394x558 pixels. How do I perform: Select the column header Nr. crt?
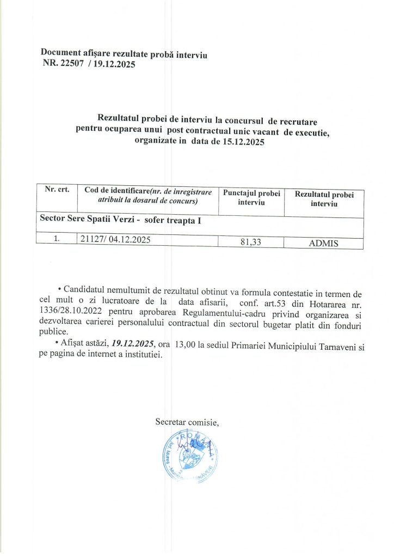click(56, 190)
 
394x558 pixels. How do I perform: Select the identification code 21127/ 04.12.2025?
click(115, 239)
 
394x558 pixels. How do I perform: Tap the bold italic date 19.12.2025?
click(133, 344)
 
